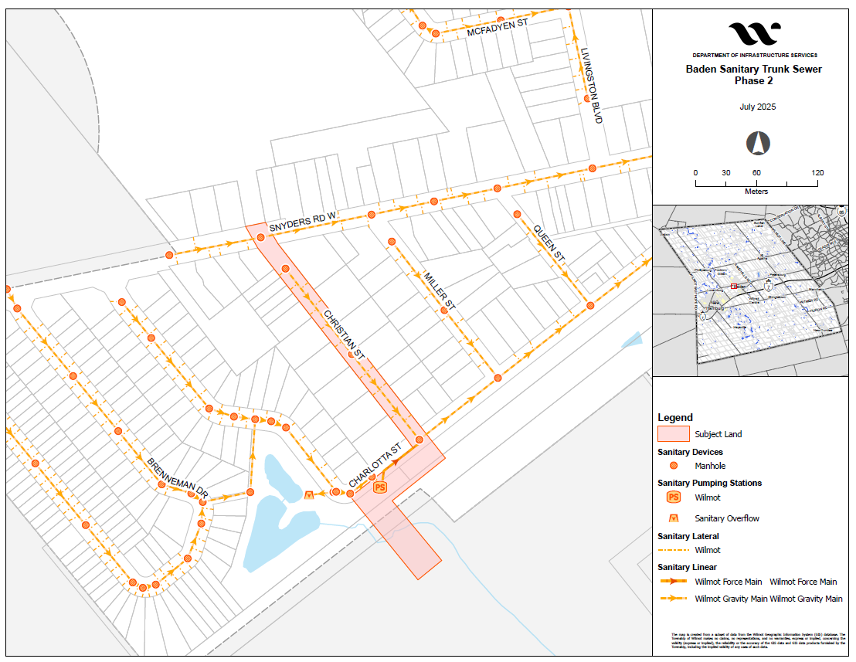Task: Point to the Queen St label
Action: [x=549, y=243]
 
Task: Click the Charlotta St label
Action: [x=376, y=462]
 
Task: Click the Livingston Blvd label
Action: [x=591, y=86]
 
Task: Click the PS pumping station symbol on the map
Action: [x=379, y=487]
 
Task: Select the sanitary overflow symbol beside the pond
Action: [x=309, y=494]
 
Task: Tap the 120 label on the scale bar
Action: [x=817, y=172]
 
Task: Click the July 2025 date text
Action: [x=754, y=107]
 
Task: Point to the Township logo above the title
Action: [x=754, y=34]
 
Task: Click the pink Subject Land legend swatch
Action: [x=673, y=434]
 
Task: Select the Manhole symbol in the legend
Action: [x=673, y=466]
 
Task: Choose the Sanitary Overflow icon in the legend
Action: [x=673, y=518]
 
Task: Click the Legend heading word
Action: [x=674, y=417]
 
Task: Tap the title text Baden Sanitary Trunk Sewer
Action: [x=754, y=69]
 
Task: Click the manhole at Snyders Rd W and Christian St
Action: [x=261, y=237]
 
